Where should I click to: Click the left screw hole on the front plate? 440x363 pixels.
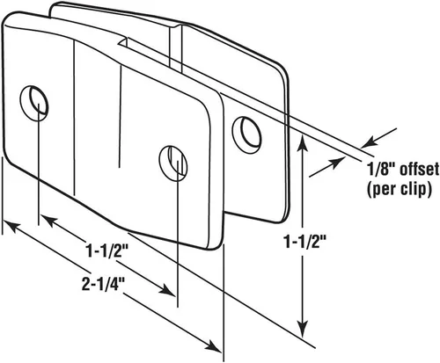(34, 103)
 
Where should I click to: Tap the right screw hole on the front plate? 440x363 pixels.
(173, 163)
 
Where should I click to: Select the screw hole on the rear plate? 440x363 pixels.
(246, 135)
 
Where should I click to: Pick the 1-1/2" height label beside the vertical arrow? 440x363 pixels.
(305, 242)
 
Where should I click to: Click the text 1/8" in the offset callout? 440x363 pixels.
(379, 170)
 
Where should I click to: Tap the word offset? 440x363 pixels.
(417, 170)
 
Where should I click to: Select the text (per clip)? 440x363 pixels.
(400, 189)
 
